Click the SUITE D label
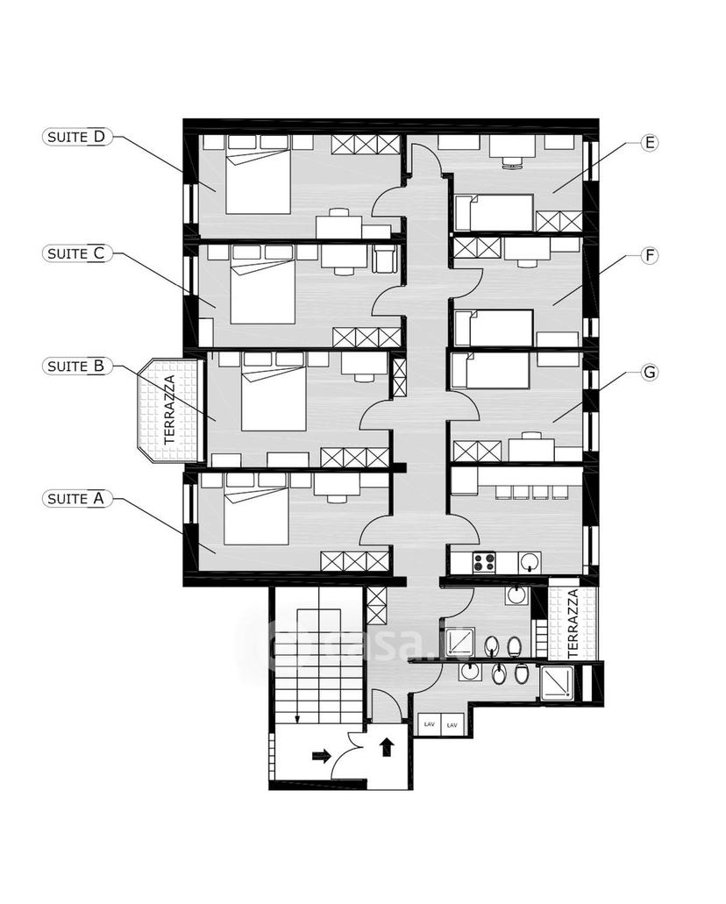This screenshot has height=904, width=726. click(76, 137)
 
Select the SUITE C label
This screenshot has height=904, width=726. click(76, 253)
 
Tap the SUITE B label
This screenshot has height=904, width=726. click(76, 367)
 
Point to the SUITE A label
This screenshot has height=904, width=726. click(76, 499)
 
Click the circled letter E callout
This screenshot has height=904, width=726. click(650, 142)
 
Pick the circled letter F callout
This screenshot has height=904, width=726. click(650, 255)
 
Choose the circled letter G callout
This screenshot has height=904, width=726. click(650, 373)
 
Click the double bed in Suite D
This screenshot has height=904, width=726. click(258, 181)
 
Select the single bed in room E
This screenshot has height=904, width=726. click(495, 212)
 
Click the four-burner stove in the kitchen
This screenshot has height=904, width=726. click(484, 562)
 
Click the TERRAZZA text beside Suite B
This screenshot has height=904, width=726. click(169, 409)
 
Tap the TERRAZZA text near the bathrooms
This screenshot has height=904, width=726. click(573, 623)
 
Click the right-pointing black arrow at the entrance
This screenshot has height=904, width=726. click(321, 756)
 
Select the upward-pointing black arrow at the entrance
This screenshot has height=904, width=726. click(387, 747)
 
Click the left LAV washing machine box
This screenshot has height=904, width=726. click(429, 725)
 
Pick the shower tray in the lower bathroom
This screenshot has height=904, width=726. click(557, 683)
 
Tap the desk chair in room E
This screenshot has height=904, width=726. click(512, 164)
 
